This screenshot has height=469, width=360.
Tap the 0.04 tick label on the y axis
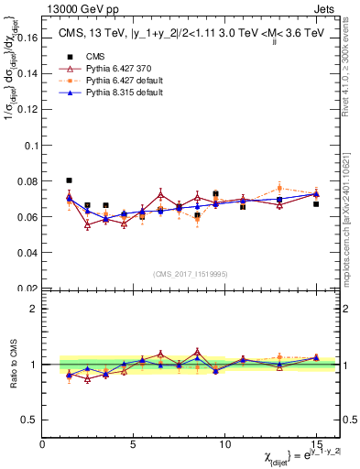click(x=27, y=252)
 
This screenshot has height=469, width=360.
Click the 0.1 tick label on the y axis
click(x=29, y=146)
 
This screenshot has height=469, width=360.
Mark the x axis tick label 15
click(x=315, y=444)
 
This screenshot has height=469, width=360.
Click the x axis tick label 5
click(x=133, y=444)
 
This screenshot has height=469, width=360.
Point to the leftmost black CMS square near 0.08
click(x=70, y=180)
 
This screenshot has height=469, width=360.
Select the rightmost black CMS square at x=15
click(x=316, y=204)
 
